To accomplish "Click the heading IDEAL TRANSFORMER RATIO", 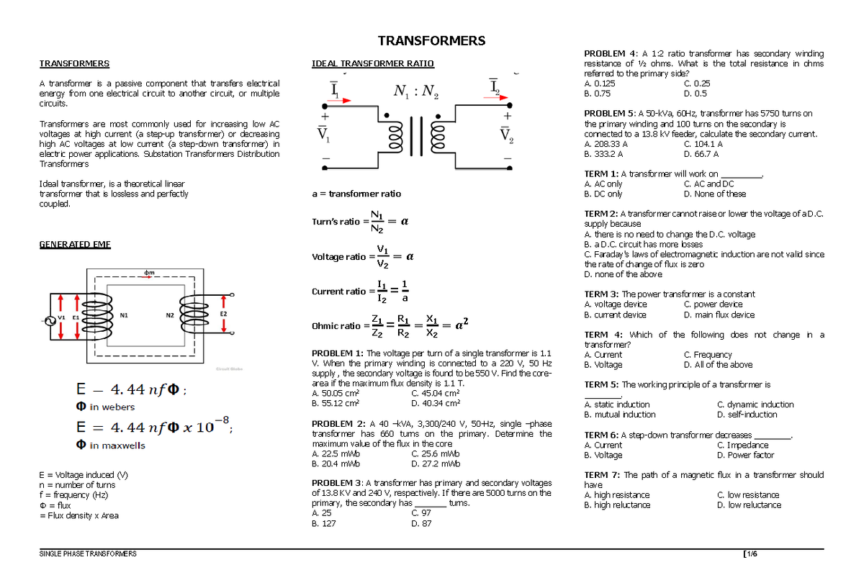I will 372,63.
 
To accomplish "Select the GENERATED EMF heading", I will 74,245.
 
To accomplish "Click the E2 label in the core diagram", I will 223,315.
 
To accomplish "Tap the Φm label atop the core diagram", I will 148,272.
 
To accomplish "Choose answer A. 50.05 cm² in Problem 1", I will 336,394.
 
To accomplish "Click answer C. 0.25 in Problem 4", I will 696,83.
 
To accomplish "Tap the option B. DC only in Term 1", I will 603,194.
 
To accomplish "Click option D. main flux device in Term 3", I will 719,315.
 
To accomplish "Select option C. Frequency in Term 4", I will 707,355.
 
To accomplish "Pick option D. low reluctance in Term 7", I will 749,505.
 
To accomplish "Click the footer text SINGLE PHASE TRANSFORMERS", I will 87,553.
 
